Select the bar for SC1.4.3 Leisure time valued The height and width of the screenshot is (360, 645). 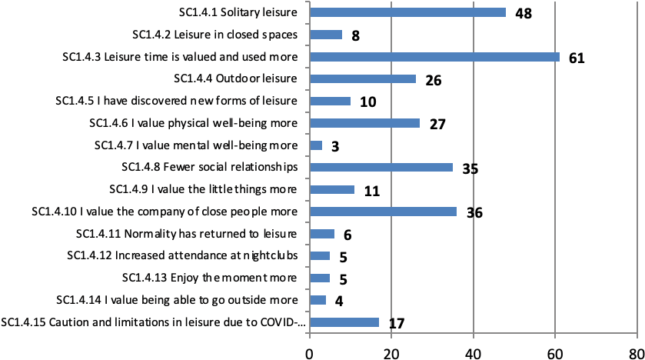[x=434, y=56]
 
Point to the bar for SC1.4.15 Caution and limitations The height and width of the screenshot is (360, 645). [x=344, y=322]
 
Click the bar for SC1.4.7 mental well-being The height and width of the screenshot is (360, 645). [x=315, y=145]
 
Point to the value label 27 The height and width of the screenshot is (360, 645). [x=437, y=124]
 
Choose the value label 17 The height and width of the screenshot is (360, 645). [x=396, y=323]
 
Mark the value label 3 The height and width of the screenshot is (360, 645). [x=335, y=146]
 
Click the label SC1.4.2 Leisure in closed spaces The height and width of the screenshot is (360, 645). [x=220, y=34]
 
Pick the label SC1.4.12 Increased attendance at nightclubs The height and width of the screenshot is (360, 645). [x=187, y=255]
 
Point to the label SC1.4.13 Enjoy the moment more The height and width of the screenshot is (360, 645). [x=211, y=278]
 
